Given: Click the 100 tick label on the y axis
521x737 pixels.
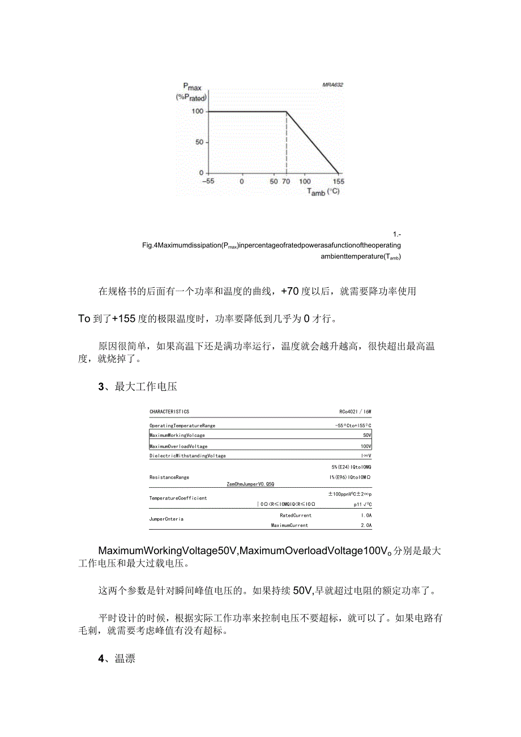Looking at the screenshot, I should pos(197,112).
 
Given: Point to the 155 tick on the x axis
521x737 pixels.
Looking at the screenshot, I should pos(338,182).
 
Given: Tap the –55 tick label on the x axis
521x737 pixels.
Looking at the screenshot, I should pos(208,182).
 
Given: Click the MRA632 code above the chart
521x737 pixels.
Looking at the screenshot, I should pos(332,85).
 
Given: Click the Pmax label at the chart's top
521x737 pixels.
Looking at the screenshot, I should pos(192,88).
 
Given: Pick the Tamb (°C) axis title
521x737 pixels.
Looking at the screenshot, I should pos(323,192).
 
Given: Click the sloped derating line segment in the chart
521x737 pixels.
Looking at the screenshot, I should pos(313,142).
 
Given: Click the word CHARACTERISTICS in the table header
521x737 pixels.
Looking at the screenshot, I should pos(169,412).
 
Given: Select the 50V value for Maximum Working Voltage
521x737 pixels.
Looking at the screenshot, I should pos(367,436).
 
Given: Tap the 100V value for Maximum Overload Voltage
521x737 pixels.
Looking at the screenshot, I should pos(366,446).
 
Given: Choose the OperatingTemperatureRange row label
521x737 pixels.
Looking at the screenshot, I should pos(182,425).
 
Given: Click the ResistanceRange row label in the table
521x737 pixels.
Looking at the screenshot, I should pos(169,477).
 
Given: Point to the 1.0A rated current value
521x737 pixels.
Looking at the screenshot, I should pos(366,516).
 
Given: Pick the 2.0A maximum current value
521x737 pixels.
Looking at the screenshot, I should pos(366,526).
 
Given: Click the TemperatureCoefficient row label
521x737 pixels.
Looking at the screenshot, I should pos(178,498).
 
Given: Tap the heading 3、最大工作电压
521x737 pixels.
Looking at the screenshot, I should pos(138,387).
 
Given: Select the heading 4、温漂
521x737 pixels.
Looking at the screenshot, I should pos(117,659).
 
